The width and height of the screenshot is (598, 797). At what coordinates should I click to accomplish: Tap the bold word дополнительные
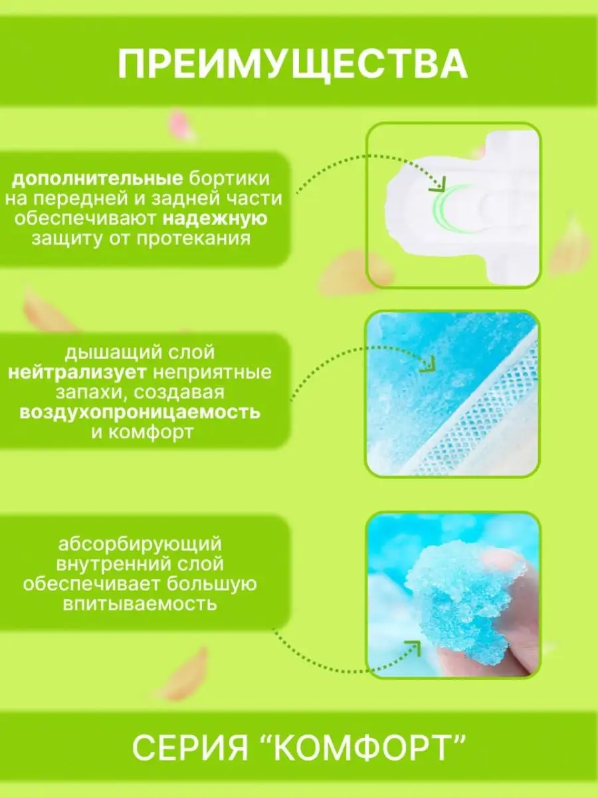click(x=97, y=179)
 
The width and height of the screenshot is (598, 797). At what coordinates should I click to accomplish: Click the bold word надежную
click(x=215, y=219)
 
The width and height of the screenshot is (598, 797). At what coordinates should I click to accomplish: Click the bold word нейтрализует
click(x=77, y=372)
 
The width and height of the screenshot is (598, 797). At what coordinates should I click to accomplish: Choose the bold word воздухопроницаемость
click(x=140, y=412)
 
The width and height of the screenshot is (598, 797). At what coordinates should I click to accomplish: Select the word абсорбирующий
click(x=140, y=545)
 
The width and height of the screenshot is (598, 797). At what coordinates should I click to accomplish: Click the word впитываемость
click(x=140, y=604)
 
